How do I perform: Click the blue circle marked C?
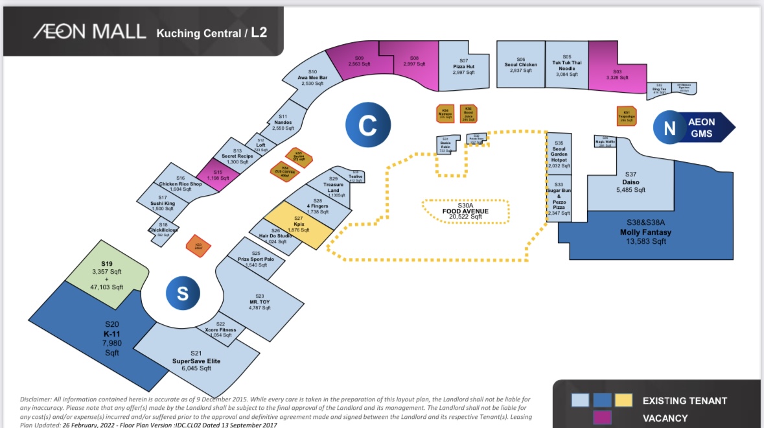click(367, 125)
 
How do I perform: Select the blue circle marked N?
click(671, 128)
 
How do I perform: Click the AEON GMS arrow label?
click(702, 127)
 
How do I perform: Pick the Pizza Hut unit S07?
click(464, 66)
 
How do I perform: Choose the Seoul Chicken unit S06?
click(520, 65)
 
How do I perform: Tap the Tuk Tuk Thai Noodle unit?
click(566, 65)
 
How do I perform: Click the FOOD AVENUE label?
click(467, 211)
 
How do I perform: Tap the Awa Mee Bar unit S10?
click(312, 78)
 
